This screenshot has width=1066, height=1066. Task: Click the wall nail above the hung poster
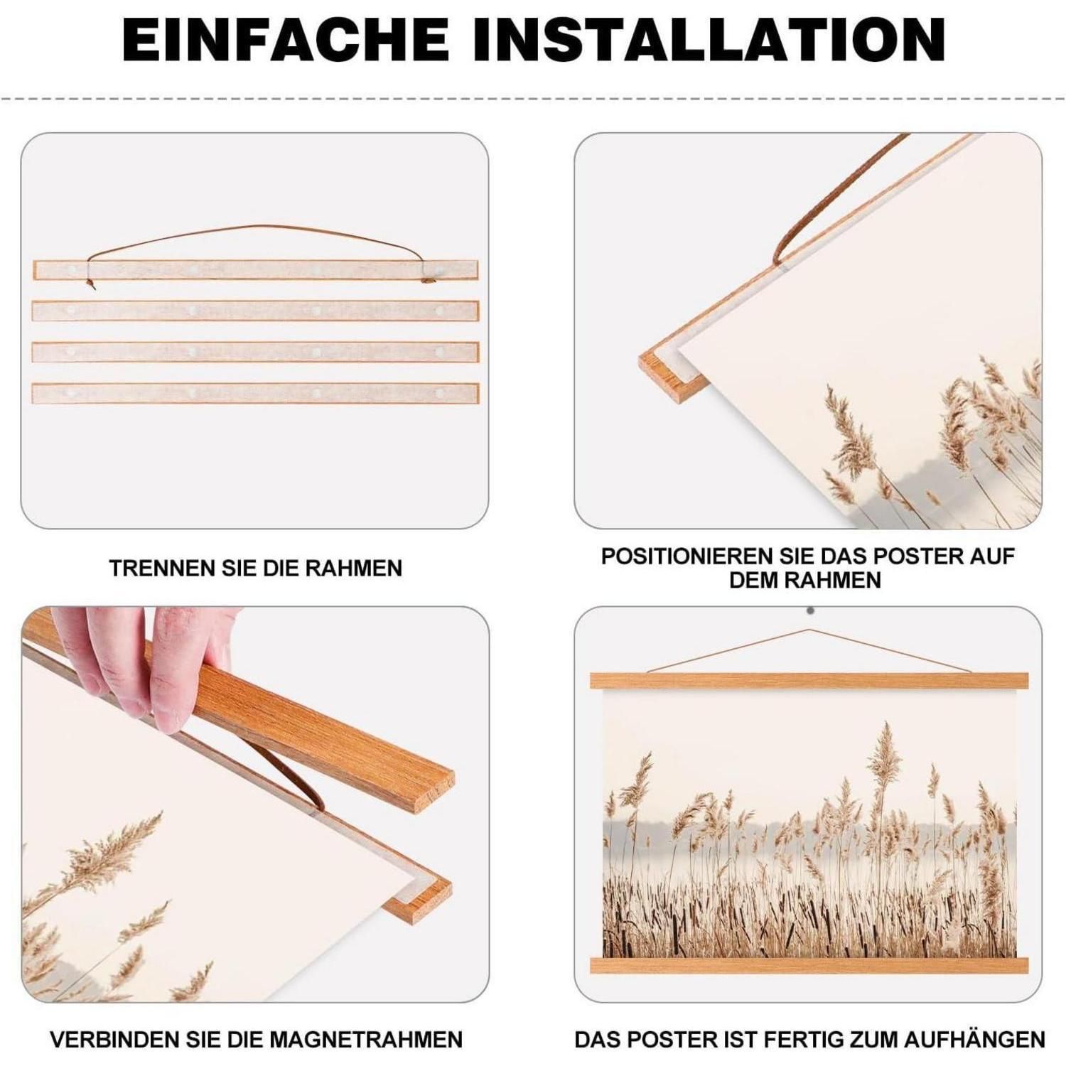point(810,610)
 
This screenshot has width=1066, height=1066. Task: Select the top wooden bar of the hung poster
point(809,681)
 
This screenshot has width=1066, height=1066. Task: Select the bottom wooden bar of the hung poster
point(809,964)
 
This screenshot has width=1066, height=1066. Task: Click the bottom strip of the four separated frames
point(256,393)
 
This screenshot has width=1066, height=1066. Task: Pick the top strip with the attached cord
point(256,270)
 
